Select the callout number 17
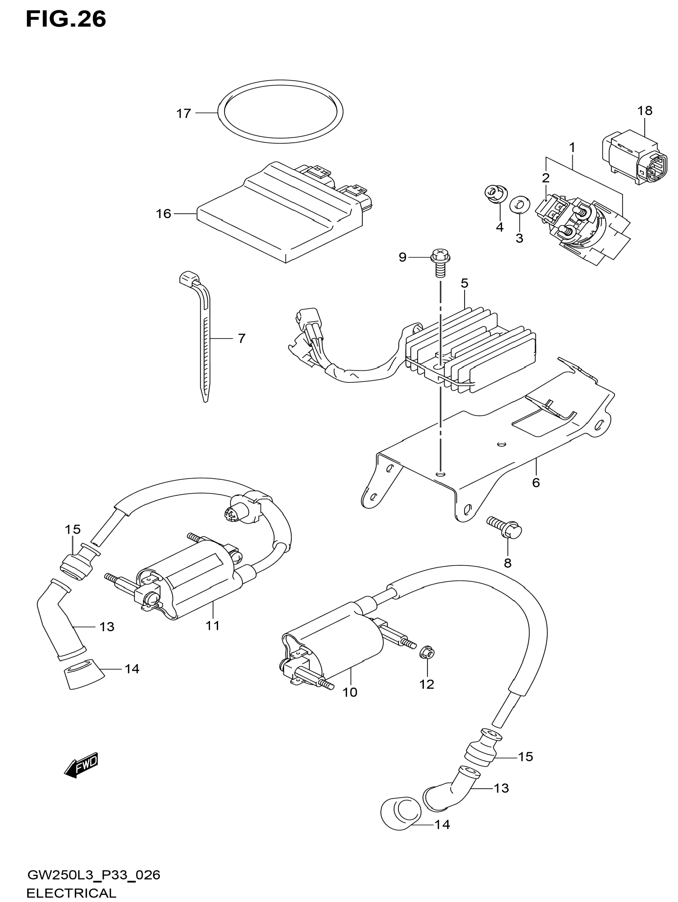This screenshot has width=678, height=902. coord(183,113)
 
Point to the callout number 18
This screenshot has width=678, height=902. coord(645,111)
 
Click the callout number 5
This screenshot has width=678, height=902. coord(465,283)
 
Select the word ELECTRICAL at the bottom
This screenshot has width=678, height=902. coord(71,893)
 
